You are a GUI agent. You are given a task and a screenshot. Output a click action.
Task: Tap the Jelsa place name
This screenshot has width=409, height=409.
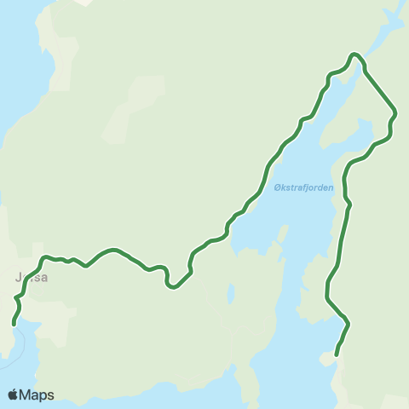tap(31, 277)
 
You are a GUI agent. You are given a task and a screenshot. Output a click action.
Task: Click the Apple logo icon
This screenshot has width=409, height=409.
tap(14, 395)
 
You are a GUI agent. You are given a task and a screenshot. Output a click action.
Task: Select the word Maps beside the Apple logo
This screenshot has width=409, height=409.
tap(37, 395)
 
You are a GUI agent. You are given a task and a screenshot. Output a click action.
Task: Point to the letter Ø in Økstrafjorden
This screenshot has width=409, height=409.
tap(278, 188)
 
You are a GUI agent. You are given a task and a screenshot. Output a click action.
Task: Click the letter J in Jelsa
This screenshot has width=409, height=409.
tap(19, 277)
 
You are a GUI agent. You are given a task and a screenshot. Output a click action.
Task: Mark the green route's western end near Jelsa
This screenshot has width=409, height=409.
tap(14, 324)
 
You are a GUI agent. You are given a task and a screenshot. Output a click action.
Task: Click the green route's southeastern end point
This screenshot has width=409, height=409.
tap(337, 354)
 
